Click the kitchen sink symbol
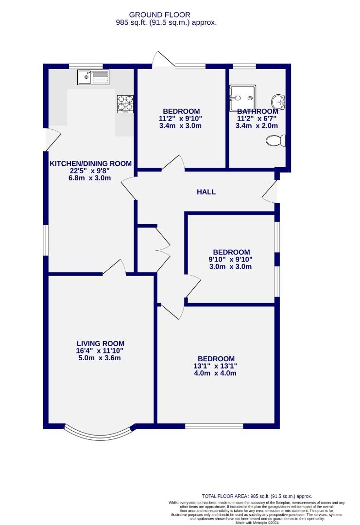(x=93, y=77)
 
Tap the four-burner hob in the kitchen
(x=125, y=104)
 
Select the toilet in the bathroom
(x=276, y=140)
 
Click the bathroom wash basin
(x=278, y=101)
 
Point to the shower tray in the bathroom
(x=242, y=98)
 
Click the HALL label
(x=206, y=192)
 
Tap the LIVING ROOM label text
(x=101, y=344)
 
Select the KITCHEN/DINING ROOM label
(x=91, y=163)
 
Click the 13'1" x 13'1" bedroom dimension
(x=216, y=366)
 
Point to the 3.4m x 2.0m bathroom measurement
(x=257, y=126)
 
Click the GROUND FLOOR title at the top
(x=159, y=15)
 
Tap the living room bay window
(x=101, y=434)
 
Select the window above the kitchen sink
(x=86, y=66)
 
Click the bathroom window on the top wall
(x=244, y=66)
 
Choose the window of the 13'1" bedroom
(x=214, y=426)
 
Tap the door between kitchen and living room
(x=114, y=267)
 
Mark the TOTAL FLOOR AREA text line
(x=257, y=496)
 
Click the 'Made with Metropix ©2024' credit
(x=257, y=522)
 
